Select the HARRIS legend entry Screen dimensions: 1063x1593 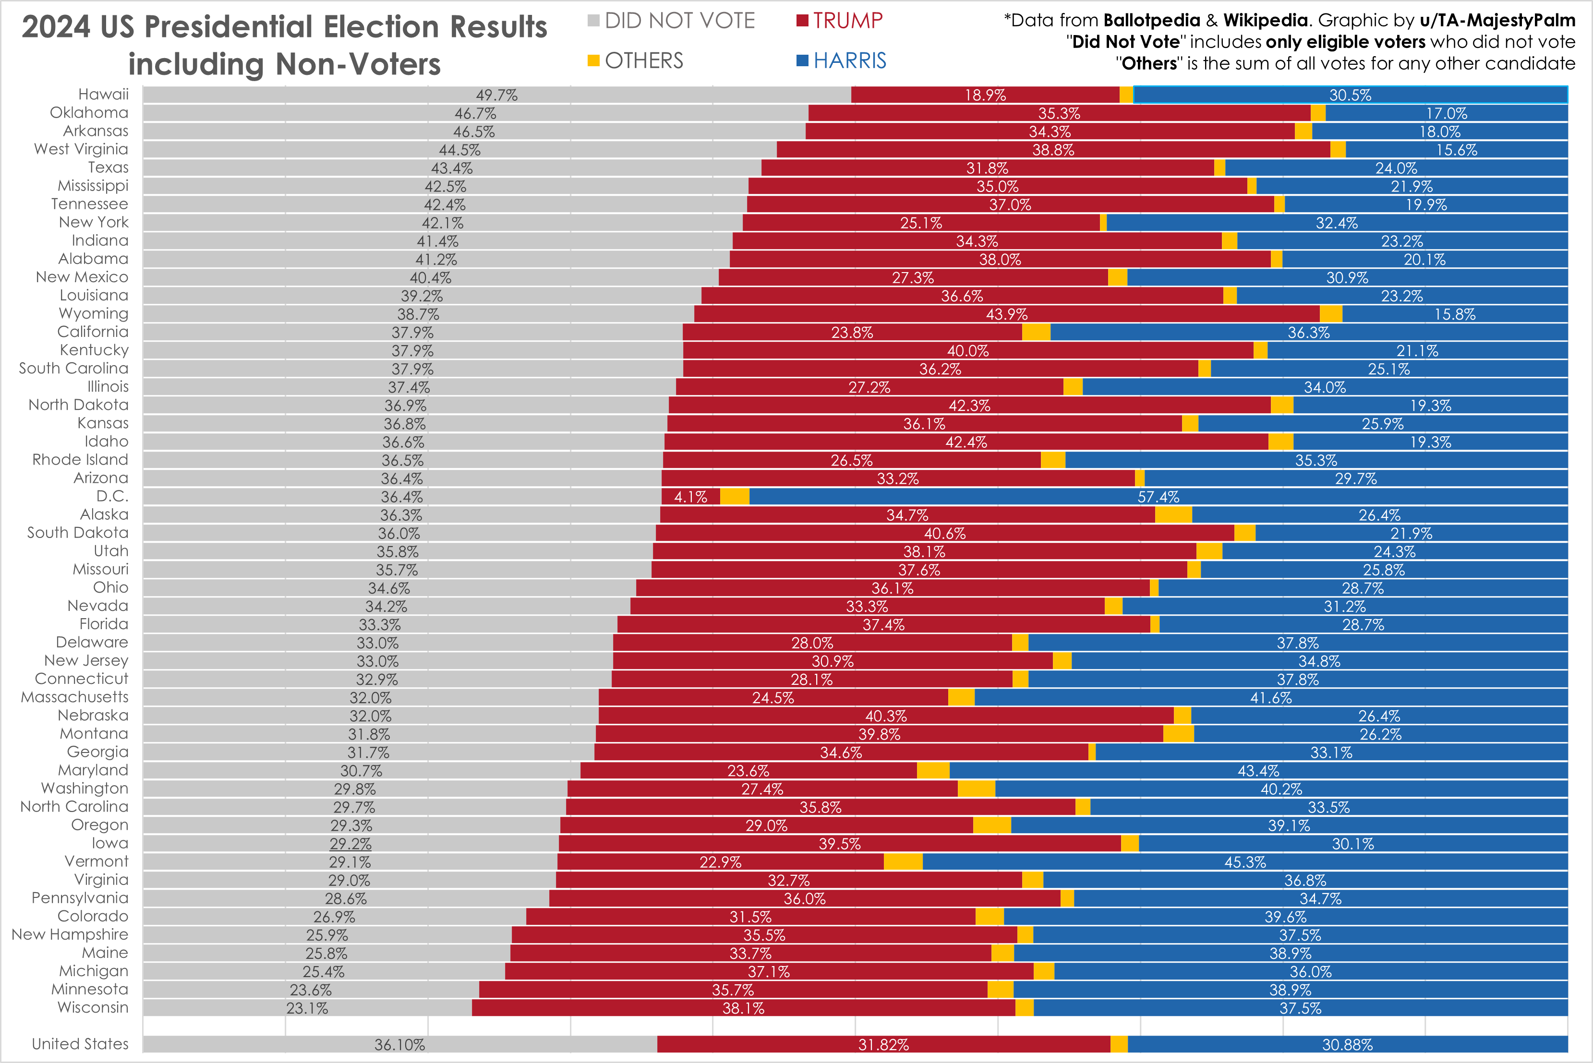point(842,61)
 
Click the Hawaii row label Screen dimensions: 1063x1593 point(103,94)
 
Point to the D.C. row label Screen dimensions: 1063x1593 point(112,496)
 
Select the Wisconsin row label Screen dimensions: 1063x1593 point(93,1007)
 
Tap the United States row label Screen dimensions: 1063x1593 point(80,1044)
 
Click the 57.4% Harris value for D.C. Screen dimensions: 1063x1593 point(1159,497)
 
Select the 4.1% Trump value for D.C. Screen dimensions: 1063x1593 point(690,497)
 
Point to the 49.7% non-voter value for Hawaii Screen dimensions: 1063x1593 point(496,95)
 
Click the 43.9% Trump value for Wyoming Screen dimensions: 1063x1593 point(1006,314)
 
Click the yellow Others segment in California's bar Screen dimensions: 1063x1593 point(1036,332)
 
